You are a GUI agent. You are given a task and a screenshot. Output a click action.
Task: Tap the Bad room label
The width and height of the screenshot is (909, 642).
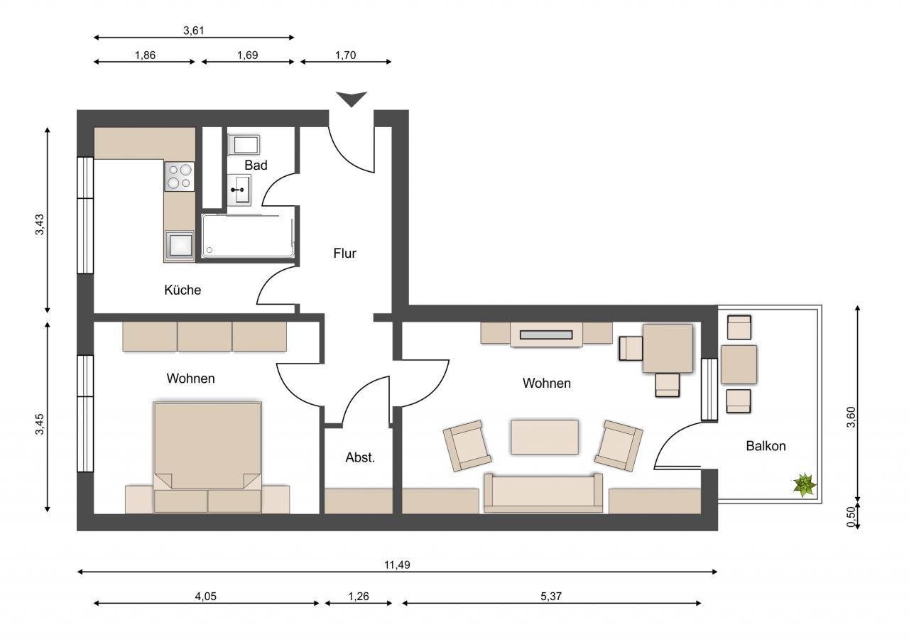[x=256, y=165]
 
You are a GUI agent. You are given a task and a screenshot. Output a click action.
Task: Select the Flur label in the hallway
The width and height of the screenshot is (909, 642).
[x=344, y=254]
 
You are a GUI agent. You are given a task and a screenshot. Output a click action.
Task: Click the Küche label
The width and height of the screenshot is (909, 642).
[x=183, y=290]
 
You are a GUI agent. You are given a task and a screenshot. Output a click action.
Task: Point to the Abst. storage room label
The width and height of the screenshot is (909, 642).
[x=360, y=457]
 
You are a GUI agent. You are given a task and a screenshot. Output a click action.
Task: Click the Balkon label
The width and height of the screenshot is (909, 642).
[x=766, y=446]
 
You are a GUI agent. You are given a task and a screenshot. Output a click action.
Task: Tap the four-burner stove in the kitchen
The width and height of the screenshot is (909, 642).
[x=179, y=177]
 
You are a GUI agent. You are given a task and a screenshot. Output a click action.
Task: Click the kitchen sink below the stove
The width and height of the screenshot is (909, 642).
[x=179, y=245]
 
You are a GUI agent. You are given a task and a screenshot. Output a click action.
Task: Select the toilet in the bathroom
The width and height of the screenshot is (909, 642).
[x=243, y=145]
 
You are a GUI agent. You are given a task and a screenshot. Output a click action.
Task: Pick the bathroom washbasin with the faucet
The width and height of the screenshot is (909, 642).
[x=239, y=190]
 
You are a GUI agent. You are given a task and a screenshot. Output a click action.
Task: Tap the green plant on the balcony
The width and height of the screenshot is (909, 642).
[x=804, y=485]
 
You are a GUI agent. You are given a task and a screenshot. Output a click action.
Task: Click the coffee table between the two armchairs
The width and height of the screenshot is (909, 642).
[x=545, y=437]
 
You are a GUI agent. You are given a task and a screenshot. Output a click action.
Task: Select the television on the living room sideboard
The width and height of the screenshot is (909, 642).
[x=546, y=334]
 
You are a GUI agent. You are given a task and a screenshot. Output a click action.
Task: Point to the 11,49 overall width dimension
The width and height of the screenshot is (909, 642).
[x=397, y=565]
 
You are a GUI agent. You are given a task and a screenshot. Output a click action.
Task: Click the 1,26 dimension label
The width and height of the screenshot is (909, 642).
[x=359, y=596]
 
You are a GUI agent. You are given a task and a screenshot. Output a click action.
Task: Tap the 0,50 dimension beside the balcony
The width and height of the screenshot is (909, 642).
[x=851, y=516]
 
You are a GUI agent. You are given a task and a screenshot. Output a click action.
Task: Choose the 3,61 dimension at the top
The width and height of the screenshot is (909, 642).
[x=194, y=31]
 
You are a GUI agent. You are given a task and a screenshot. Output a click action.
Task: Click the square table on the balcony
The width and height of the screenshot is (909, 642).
[x=739, y=364]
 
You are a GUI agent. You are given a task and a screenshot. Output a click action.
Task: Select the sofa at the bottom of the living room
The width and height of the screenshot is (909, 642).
[x=543, y=493]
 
